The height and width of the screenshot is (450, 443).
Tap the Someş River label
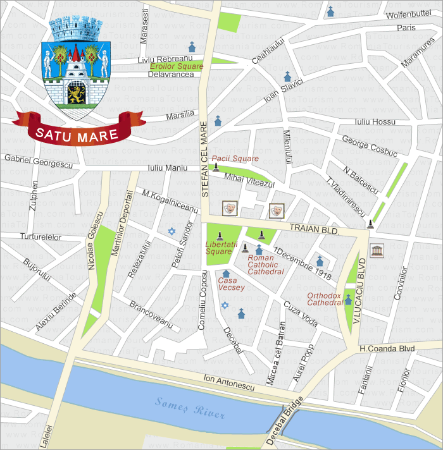190,408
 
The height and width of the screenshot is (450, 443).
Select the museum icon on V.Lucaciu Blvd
377,250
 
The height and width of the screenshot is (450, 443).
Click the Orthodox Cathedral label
325,299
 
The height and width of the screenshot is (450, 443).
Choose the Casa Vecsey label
231,284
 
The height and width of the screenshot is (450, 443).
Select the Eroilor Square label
177,66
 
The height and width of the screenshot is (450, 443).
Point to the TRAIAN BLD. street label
315,228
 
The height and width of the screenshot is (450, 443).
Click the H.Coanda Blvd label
387,348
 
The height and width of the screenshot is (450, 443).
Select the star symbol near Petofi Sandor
170,231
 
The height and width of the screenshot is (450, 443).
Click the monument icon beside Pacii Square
216,167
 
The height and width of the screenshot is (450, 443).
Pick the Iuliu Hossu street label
375,121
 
